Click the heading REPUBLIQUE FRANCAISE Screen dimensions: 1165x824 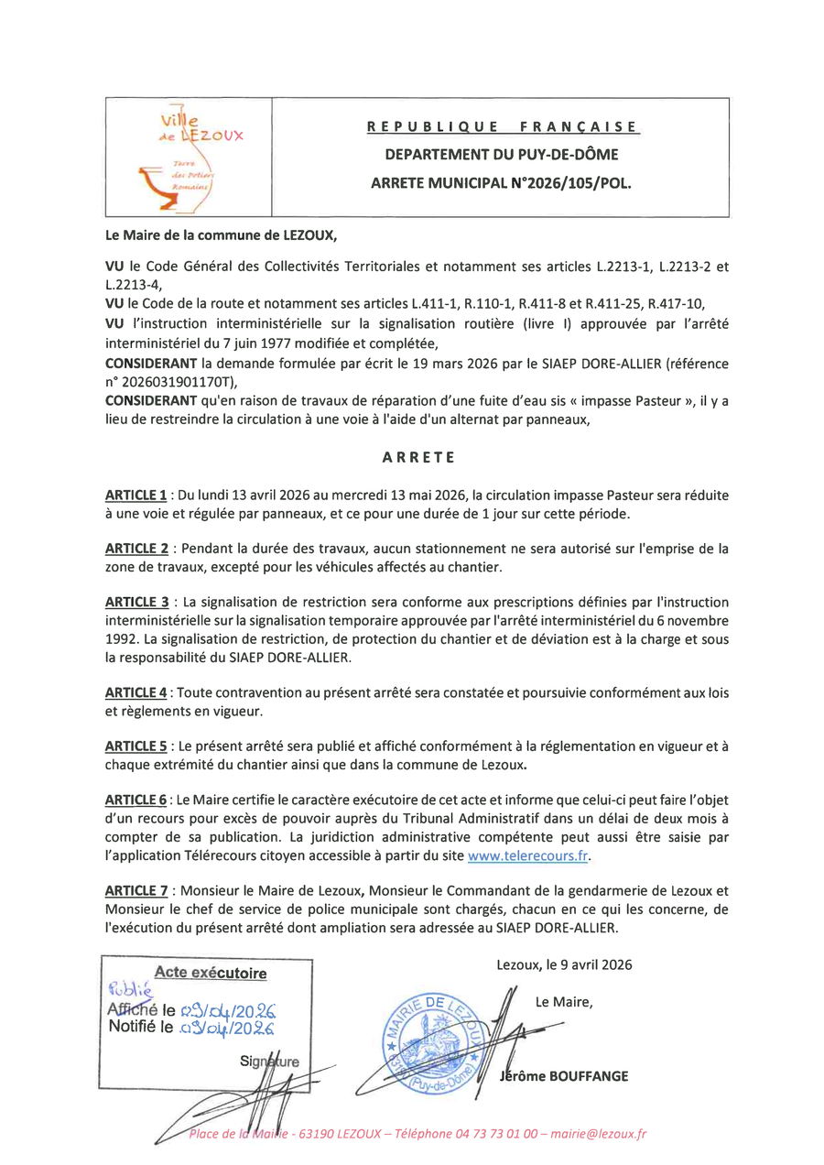pyautogui.click(x=501, y=126)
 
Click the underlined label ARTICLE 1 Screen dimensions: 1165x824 pyautogui.click(x=136, y=495)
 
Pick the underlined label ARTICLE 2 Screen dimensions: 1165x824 pyautogui.click(x=136, y=549)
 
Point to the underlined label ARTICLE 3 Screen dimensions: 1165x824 pyautogui.click(x=136, y=603)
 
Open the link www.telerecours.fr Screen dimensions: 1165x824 pyautogui.click(x=526, y=855)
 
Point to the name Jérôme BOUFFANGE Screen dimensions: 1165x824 pyautogui.click(x=564, y=1075)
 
